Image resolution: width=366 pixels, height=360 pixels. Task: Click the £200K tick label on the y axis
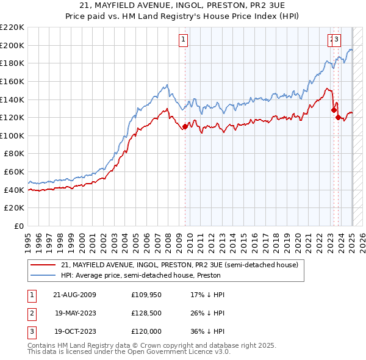(x=12, y=45)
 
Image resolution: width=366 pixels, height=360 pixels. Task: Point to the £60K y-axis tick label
(x=14, y=172)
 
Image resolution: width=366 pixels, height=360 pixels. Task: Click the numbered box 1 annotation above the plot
(x=183, y=40)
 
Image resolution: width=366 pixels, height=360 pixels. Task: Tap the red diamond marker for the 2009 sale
(x=185, y=127)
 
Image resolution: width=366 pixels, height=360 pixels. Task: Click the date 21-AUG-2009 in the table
(x=74, y=295)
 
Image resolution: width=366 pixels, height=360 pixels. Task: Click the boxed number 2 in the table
(x=31, y=314)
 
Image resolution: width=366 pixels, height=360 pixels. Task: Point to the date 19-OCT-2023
(x=74, y=333)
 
